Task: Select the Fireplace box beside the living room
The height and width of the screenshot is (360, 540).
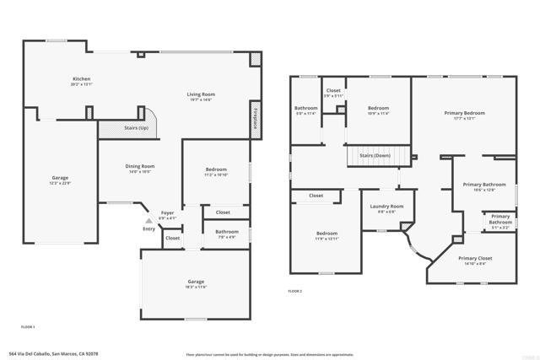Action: point(255,118)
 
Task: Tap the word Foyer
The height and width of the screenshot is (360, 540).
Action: point(168,213)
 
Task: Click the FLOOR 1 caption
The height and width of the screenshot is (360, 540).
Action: point(28,326)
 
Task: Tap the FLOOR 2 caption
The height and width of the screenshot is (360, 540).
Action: point(294,291)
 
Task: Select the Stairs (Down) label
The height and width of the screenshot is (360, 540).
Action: point(374,156)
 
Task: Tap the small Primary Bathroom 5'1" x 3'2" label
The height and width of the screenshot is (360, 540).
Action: point(499,219)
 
